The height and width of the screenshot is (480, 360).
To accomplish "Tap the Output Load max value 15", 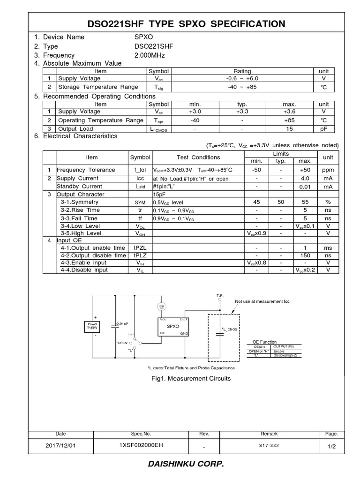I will point(289,129).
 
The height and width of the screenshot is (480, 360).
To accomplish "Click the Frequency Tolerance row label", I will point(86,170).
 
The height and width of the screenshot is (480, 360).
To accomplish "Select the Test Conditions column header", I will point(198,157).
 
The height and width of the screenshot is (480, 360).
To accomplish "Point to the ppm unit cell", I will point(327,170).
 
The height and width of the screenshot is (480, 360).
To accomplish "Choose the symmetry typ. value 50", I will point(280,202).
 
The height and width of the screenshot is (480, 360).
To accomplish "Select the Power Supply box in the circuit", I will point(91,326).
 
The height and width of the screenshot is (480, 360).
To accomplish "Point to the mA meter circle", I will point(162,306).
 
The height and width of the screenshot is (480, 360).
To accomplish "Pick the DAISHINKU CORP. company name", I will point(180,465).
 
